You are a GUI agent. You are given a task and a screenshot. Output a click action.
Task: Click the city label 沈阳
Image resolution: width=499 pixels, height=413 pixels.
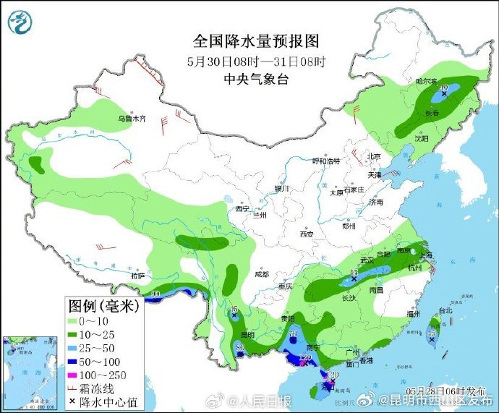click(422, 137)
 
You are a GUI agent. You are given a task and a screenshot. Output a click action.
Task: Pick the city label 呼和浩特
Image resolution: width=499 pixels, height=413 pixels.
click(325, 161)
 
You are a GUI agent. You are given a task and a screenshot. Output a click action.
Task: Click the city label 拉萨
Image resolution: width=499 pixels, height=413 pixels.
click(137, 276)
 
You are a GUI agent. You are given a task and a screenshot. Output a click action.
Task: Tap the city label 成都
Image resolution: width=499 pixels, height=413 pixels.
click(262, 274)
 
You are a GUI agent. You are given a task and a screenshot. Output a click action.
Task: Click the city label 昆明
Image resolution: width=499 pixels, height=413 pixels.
click(247, 335)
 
